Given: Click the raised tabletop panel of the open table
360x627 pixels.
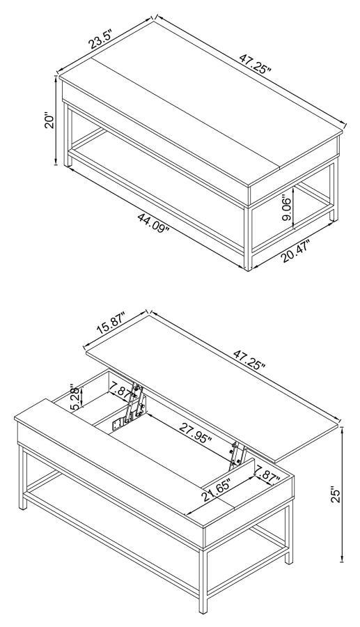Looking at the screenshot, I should [209, 390].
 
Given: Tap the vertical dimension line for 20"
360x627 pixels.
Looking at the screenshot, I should [56, 122].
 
